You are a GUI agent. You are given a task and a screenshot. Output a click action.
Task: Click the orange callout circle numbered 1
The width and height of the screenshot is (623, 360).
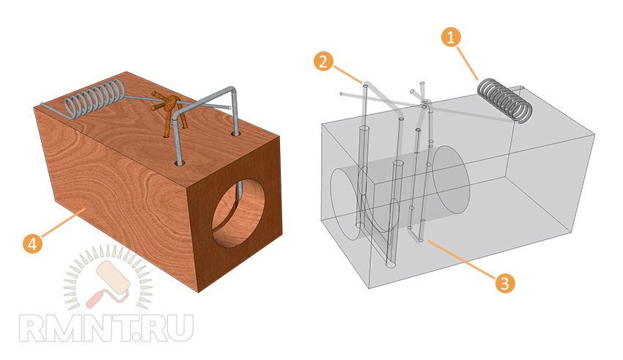click(x=451, y=36)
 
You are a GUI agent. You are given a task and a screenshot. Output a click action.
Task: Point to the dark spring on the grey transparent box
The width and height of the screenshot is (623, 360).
click(x=504, y=101)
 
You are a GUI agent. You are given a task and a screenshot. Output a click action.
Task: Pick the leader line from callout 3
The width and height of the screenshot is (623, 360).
click(x=465, y=260)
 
